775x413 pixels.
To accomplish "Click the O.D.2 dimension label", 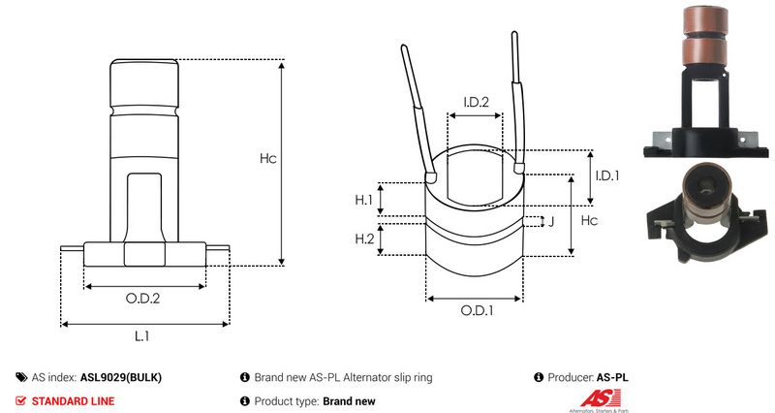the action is coord(142,299).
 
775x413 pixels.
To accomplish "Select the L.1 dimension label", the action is coord(141,336).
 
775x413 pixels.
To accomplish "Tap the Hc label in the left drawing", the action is coord(268,158).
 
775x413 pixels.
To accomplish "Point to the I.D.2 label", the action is coord(476,102).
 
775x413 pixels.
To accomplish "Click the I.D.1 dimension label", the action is coord(607,175).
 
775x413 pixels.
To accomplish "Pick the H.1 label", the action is coord(364,201).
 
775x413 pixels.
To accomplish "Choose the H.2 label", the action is coord(365,238).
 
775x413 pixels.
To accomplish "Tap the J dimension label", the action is coord(551,222).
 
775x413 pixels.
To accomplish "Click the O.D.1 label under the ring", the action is coord(477,310).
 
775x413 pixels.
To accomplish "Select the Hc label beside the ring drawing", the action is coord(589,220).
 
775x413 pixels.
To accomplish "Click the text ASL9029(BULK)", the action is coord(121,377).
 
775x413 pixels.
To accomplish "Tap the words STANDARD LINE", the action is coord(73,401).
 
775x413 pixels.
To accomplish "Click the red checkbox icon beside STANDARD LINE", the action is coord(20,401).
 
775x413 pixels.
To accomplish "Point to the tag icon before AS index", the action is coord(21,377).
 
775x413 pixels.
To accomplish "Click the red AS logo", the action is coord(601,398).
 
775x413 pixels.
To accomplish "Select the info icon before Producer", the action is coord(539,377).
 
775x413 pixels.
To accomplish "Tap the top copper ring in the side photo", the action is coord(705,20).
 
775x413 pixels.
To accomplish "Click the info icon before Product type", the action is coord(245,401).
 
